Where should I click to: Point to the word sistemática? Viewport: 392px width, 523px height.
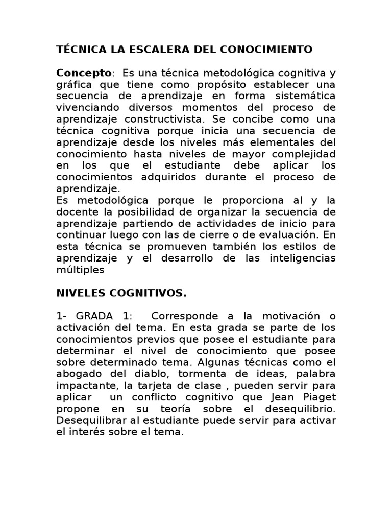coord(306,96)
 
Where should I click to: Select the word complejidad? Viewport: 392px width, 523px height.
coord(301,154)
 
